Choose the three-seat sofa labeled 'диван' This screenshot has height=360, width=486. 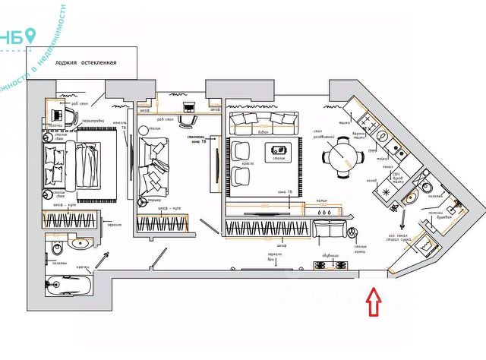pyautogui.click(x=263, y=122)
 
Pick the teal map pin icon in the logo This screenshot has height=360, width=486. pyautogui.click(x=30, y=35)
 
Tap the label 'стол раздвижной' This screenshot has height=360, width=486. pyautogui.click(x=319, y=135)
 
